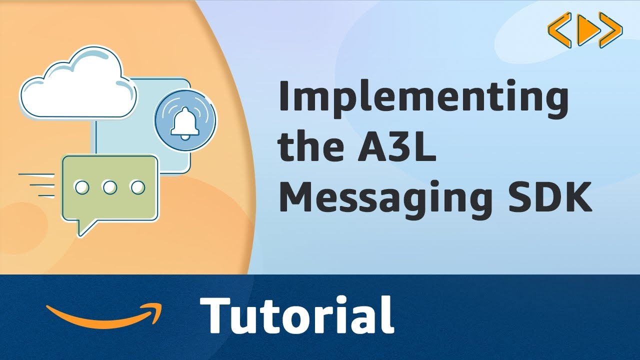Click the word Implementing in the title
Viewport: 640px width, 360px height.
tap(423, 98)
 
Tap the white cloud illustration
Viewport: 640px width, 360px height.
tap(77, 82)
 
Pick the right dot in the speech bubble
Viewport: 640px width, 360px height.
tap(137, 187)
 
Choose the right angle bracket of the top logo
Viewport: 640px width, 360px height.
tap(612, 30)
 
